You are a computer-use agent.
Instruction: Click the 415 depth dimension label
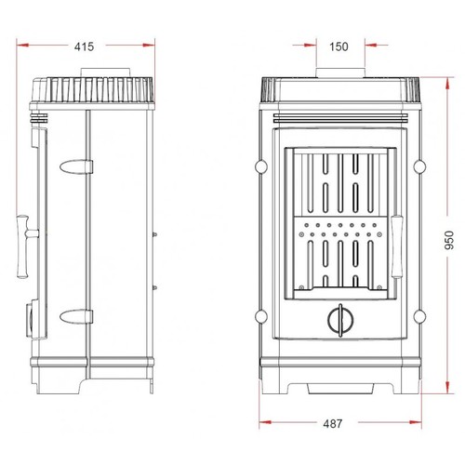pyautogui.click(x=84, y=46)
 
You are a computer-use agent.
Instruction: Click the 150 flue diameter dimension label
pyautogui.click(x=339, y=46)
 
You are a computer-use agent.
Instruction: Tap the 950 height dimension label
pyautogui.click(x=449, y=240)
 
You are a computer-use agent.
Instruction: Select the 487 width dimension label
pyautogui.click(x=333, y=423)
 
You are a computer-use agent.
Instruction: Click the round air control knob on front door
pyautogui.click(x=340, y=320)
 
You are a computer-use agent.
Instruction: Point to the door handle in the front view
pyautogui.click(x=396, y=247)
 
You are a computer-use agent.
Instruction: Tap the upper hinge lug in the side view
pyautogui.click(x=76, y=166)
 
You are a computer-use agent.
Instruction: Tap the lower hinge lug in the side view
pyautogui.click(x=76, y=316)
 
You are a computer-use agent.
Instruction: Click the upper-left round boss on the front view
pyautogui.click(x=261, y=166)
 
